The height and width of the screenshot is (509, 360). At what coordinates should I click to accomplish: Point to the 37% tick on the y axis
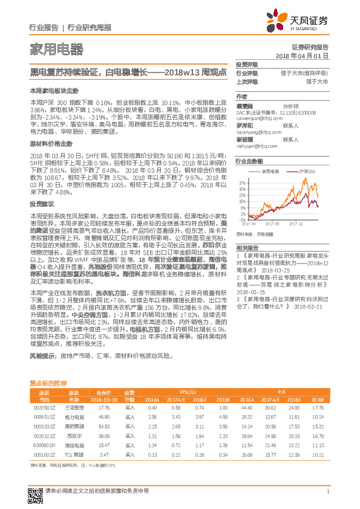click(x=242, y=181)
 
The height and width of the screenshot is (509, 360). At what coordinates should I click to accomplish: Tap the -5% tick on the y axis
click(x=242, y=218)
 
